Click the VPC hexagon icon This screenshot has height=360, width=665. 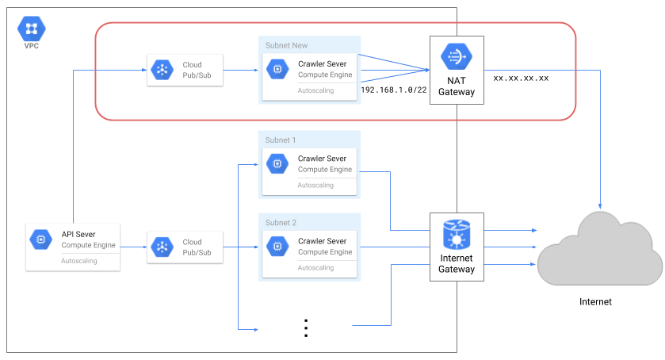[x=32, y=29]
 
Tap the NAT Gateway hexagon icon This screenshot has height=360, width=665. [x=457, y=57]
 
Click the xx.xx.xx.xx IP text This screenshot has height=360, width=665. [x=521, y=79]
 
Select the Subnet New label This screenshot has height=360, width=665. [x=286, y=45]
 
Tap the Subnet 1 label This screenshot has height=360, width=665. [x=281, y=140]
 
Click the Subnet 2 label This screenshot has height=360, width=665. [x=281, y=223]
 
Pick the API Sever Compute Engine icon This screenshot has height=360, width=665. [x=40, y=239]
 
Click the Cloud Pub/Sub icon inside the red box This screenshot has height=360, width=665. [x=162, y=70]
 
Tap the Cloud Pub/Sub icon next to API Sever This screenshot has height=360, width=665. [x=162, y=247]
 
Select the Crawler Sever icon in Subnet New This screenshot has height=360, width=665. [x=277, y=70]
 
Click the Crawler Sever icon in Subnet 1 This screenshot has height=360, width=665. [x=277, y=164]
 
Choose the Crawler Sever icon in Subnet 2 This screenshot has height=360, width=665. [x=277, y=247]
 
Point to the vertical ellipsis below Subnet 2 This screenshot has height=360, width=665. [x=305, y=327]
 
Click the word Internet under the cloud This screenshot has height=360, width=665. [x=595, y=301]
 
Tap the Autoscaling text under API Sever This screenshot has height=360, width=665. [x=79, y=260]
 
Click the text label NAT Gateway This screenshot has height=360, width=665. [x=457, y=86]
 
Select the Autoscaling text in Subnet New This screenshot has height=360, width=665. [x=315, y=90]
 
